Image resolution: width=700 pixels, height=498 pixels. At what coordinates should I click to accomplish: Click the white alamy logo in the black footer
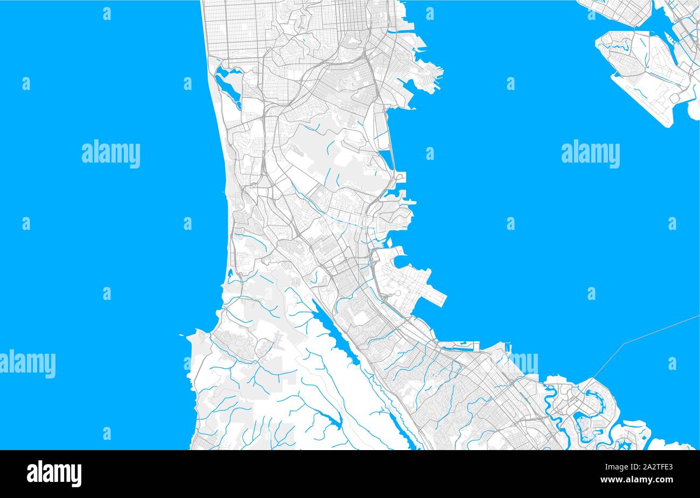point(54,473)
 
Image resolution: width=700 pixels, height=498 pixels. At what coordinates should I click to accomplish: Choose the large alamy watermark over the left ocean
point(111,154)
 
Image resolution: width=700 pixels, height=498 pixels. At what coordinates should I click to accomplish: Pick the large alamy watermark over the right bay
point(590,154)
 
